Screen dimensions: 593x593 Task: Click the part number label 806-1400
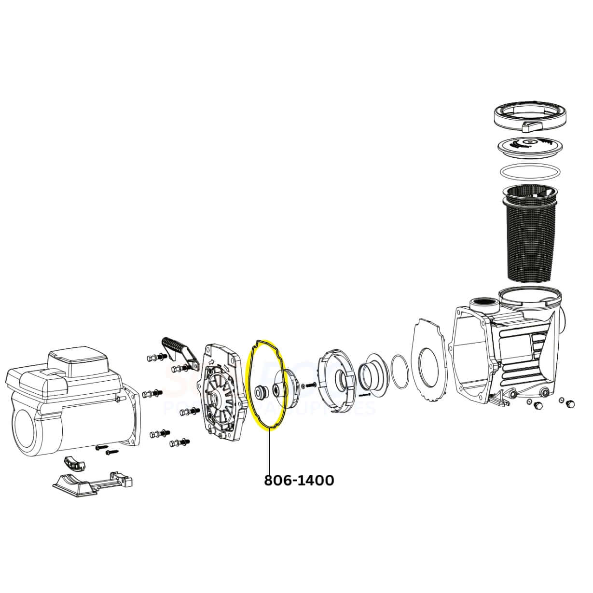coord(299,480)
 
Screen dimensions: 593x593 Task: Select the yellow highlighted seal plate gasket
coord(250,367)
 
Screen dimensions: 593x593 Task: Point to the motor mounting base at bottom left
coord(92,483)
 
